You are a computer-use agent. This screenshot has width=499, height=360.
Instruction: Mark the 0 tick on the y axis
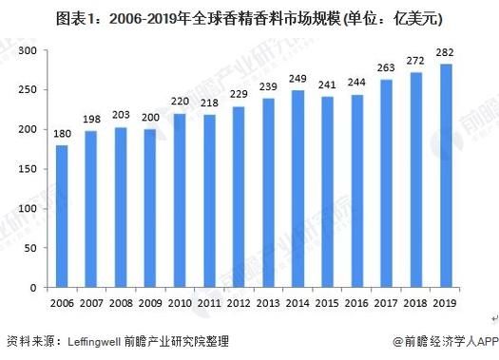point(33,287)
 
